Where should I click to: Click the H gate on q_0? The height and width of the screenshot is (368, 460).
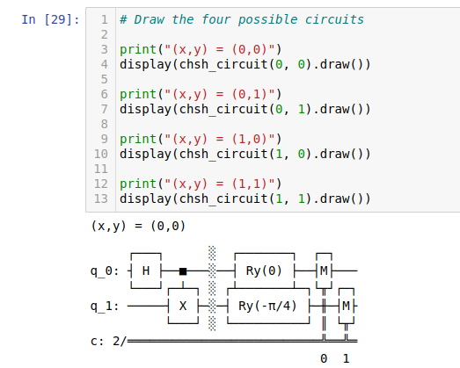pos(146,271)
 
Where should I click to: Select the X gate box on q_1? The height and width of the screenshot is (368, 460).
pos(183,306)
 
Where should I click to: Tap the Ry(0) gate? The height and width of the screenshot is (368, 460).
pos(265,271)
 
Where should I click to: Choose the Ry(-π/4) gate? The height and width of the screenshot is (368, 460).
pos(268,306)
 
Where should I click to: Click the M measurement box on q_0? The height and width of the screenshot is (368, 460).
pos(324,271)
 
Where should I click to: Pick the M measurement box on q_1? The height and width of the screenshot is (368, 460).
pos(347,306)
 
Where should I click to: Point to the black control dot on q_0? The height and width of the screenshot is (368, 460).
pos(183,271)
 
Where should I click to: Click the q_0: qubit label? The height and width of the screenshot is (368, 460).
pos(105,271)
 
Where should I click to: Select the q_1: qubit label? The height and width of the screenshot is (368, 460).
pos(105,307)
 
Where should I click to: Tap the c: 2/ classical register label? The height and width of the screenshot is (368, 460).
pos(108,342)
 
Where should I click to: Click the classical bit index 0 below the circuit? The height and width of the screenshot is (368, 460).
pos(324,358)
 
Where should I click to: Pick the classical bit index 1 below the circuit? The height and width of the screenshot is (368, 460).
pos(347,358)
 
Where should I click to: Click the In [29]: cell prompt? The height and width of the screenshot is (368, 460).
pos(50,19)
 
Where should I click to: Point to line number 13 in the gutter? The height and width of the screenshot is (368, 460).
pos(101,198)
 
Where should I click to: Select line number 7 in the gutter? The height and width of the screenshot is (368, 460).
pos(105,109)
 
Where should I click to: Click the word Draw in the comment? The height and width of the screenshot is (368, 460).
pos(150,19)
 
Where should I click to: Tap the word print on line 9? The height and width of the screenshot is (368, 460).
pos(138,139)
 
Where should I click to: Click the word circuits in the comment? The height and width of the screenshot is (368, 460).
pos(334,19)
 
